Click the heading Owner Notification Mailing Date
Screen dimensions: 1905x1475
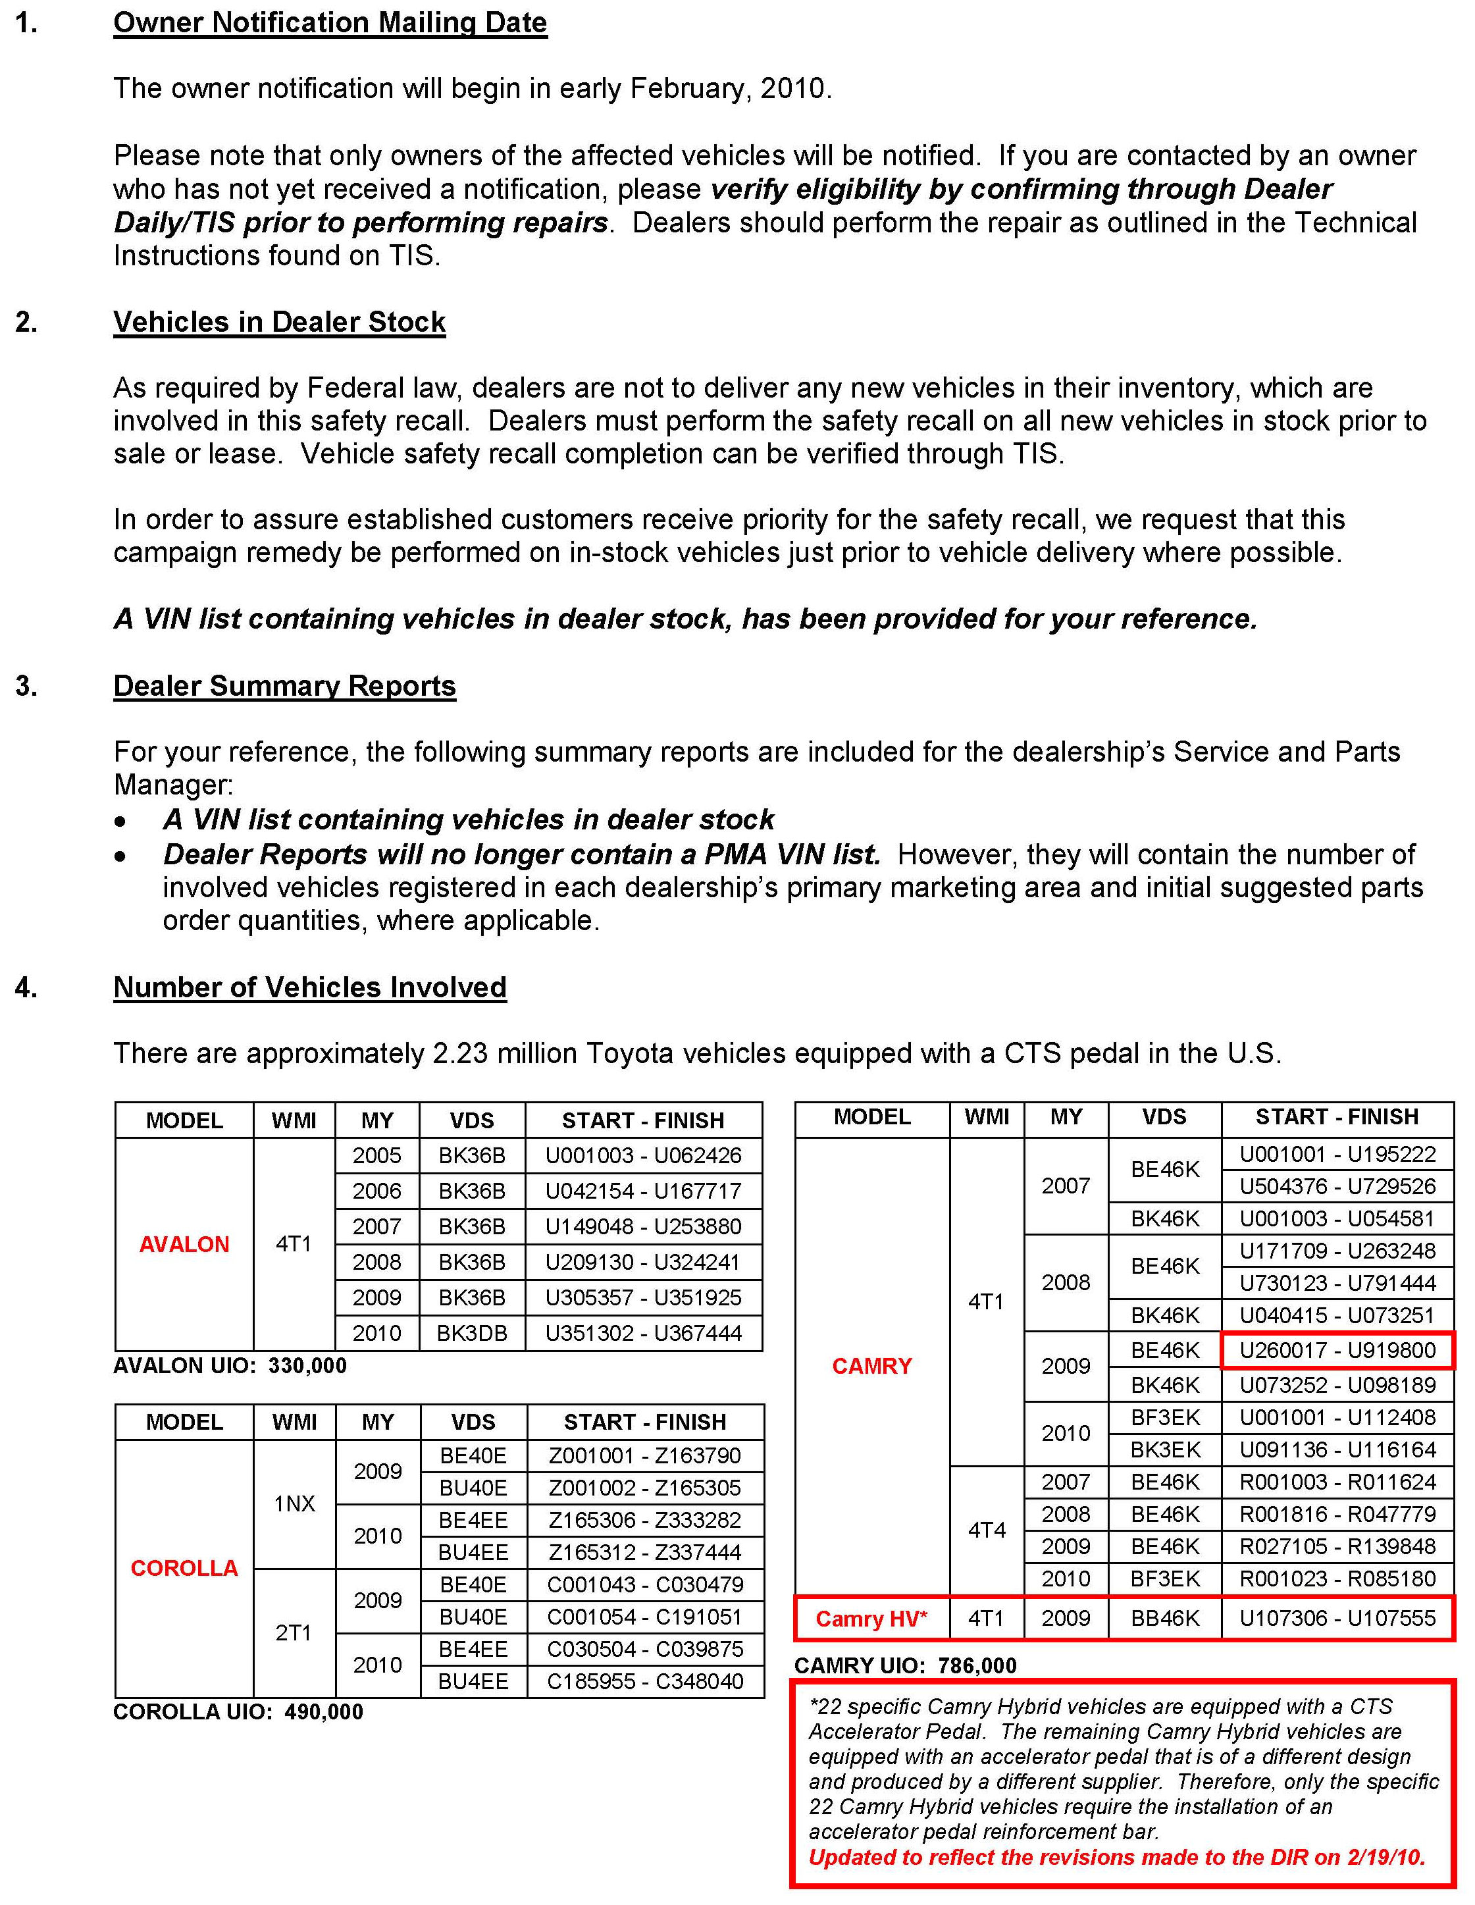tap(330, 22)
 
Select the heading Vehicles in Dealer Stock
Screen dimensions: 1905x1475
tap(279, 322)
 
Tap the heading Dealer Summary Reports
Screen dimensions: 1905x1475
tap(284, 686)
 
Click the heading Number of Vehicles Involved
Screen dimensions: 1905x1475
tap(309, 987)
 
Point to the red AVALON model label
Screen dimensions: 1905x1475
tap(184, 1244)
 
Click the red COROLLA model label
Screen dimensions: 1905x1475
tap(184, 1567)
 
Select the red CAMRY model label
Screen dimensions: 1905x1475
tap(871, 1365)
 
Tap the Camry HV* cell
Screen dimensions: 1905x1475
tap(871, 1618)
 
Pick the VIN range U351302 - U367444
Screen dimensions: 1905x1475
tap(644, 1333)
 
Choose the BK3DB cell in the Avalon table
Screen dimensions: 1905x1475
tap(472, 1333)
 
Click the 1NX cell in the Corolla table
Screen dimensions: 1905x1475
tap(294, 1503)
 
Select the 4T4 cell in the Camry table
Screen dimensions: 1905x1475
tap(987, 1529)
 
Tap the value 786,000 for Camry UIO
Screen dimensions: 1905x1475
tap(977, 1665)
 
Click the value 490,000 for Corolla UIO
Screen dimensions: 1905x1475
tap(324, 1711)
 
